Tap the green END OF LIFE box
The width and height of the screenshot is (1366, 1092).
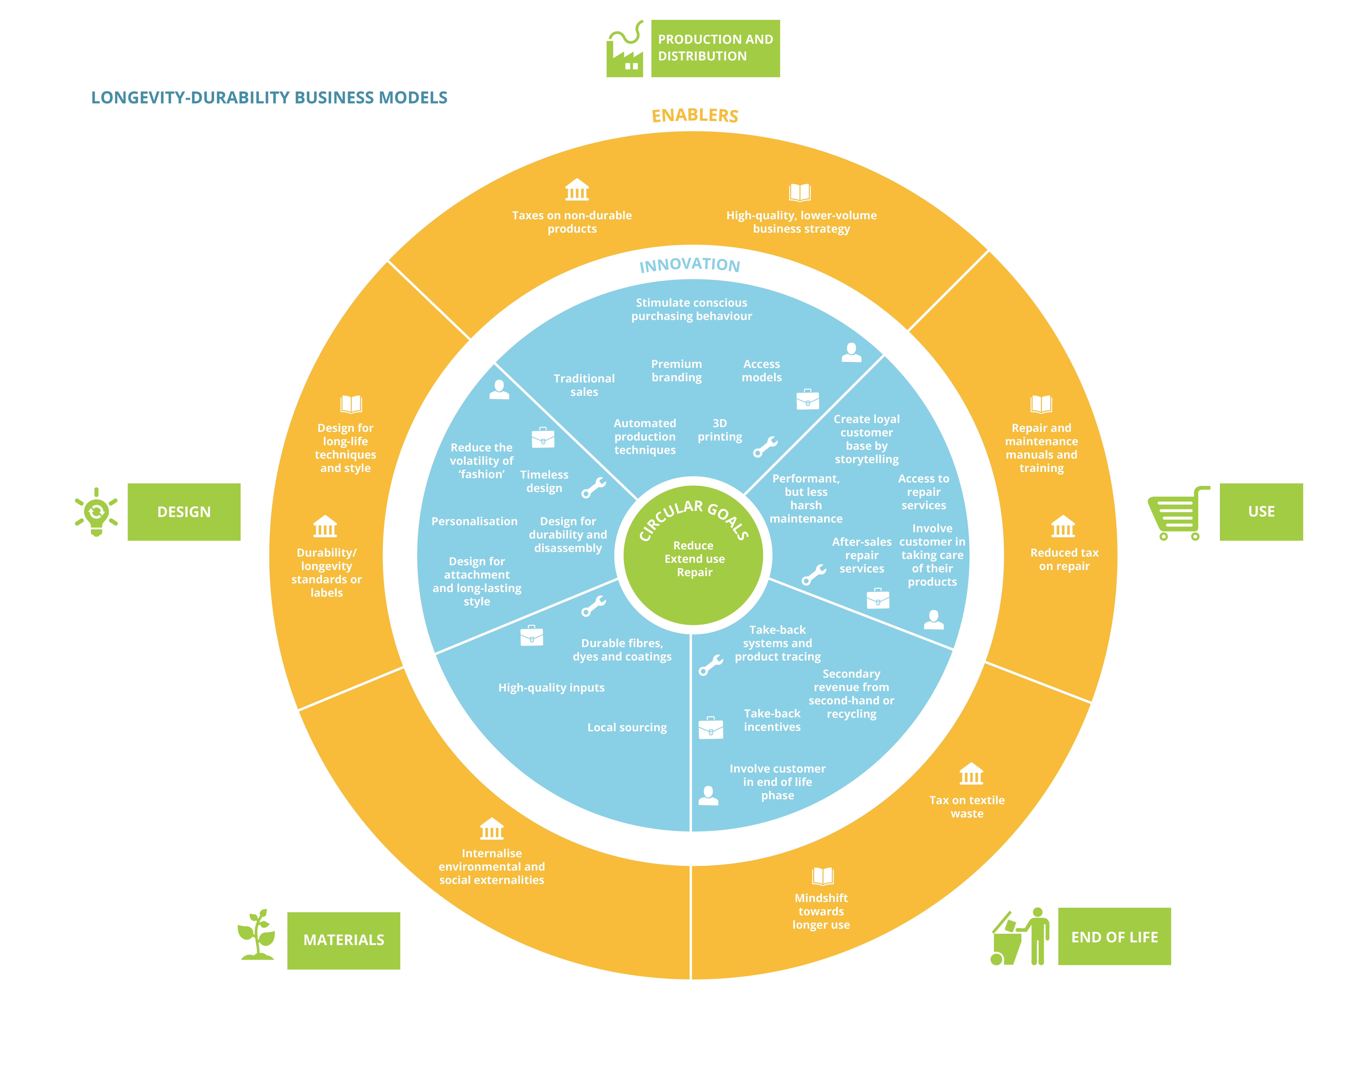pos(1115,936)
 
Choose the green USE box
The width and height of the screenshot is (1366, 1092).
pos(1261,512)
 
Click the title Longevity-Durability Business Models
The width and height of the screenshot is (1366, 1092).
pos(269,98)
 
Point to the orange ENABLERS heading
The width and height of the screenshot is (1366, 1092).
pos(695,115)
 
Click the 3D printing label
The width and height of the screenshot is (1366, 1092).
pos(720,430)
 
